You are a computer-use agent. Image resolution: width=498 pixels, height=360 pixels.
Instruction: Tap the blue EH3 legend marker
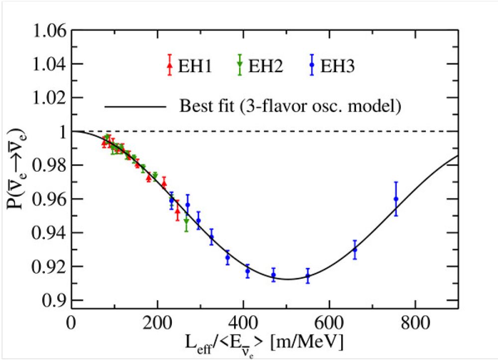pos(312,65)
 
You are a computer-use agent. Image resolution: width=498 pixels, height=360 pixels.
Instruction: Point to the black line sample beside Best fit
pos(134,106)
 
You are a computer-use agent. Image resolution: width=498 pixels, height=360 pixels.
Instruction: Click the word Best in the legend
pos(194,106)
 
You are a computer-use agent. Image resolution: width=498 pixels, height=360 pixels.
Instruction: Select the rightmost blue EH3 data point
pos(396,199)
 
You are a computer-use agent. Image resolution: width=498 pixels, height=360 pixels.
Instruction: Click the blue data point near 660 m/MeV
pos(355,249)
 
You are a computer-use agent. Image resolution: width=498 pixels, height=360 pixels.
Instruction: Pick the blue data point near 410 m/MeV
pos(248,271)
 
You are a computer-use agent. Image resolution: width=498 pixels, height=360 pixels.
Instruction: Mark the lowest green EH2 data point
pos(186,221)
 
